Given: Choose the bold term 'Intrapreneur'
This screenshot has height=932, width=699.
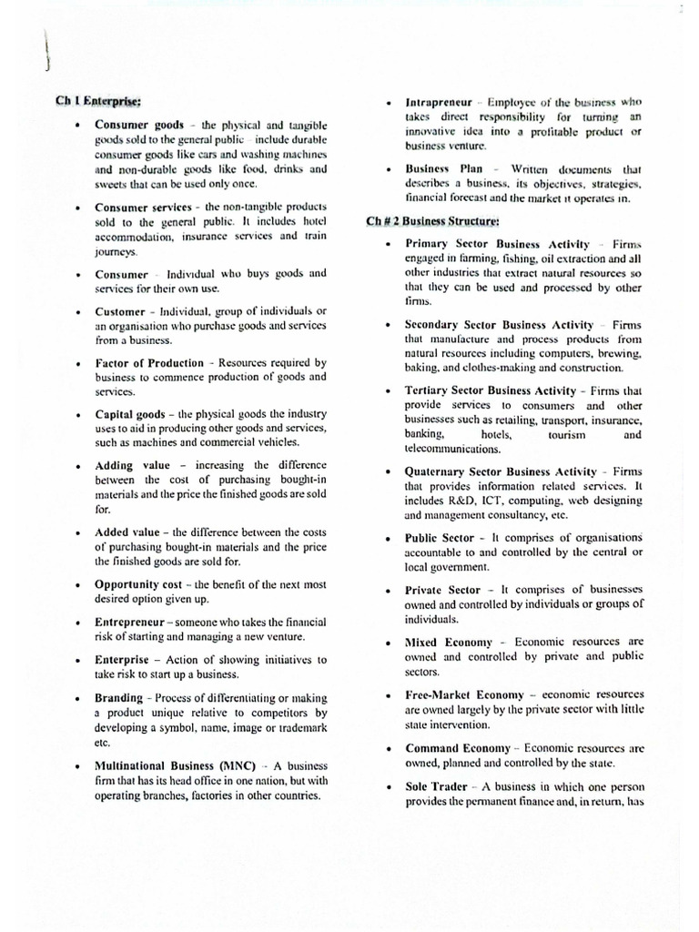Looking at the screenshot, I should pyautogui.click(x=439, y=102).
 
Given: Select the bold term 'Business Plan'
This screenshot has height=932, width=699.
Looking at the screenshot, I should pyautogui.click(x=441, y=169).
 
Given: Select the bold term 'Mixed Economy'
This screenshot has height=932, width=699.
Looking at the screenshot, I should pyautogui.click(x=448, y=642).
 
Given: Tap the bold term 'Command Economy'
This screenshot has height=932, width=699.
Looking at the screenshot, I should pyautogui.click(x=455, y=748).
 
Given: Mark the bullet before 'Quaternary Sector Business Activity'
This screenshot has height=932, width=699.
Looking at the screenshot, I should pyautogui.click(x=388, y=472).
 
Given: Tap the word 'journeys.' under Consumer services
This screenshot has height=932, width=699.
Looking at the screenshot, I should pyautogui.click(x=116, y=252).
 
